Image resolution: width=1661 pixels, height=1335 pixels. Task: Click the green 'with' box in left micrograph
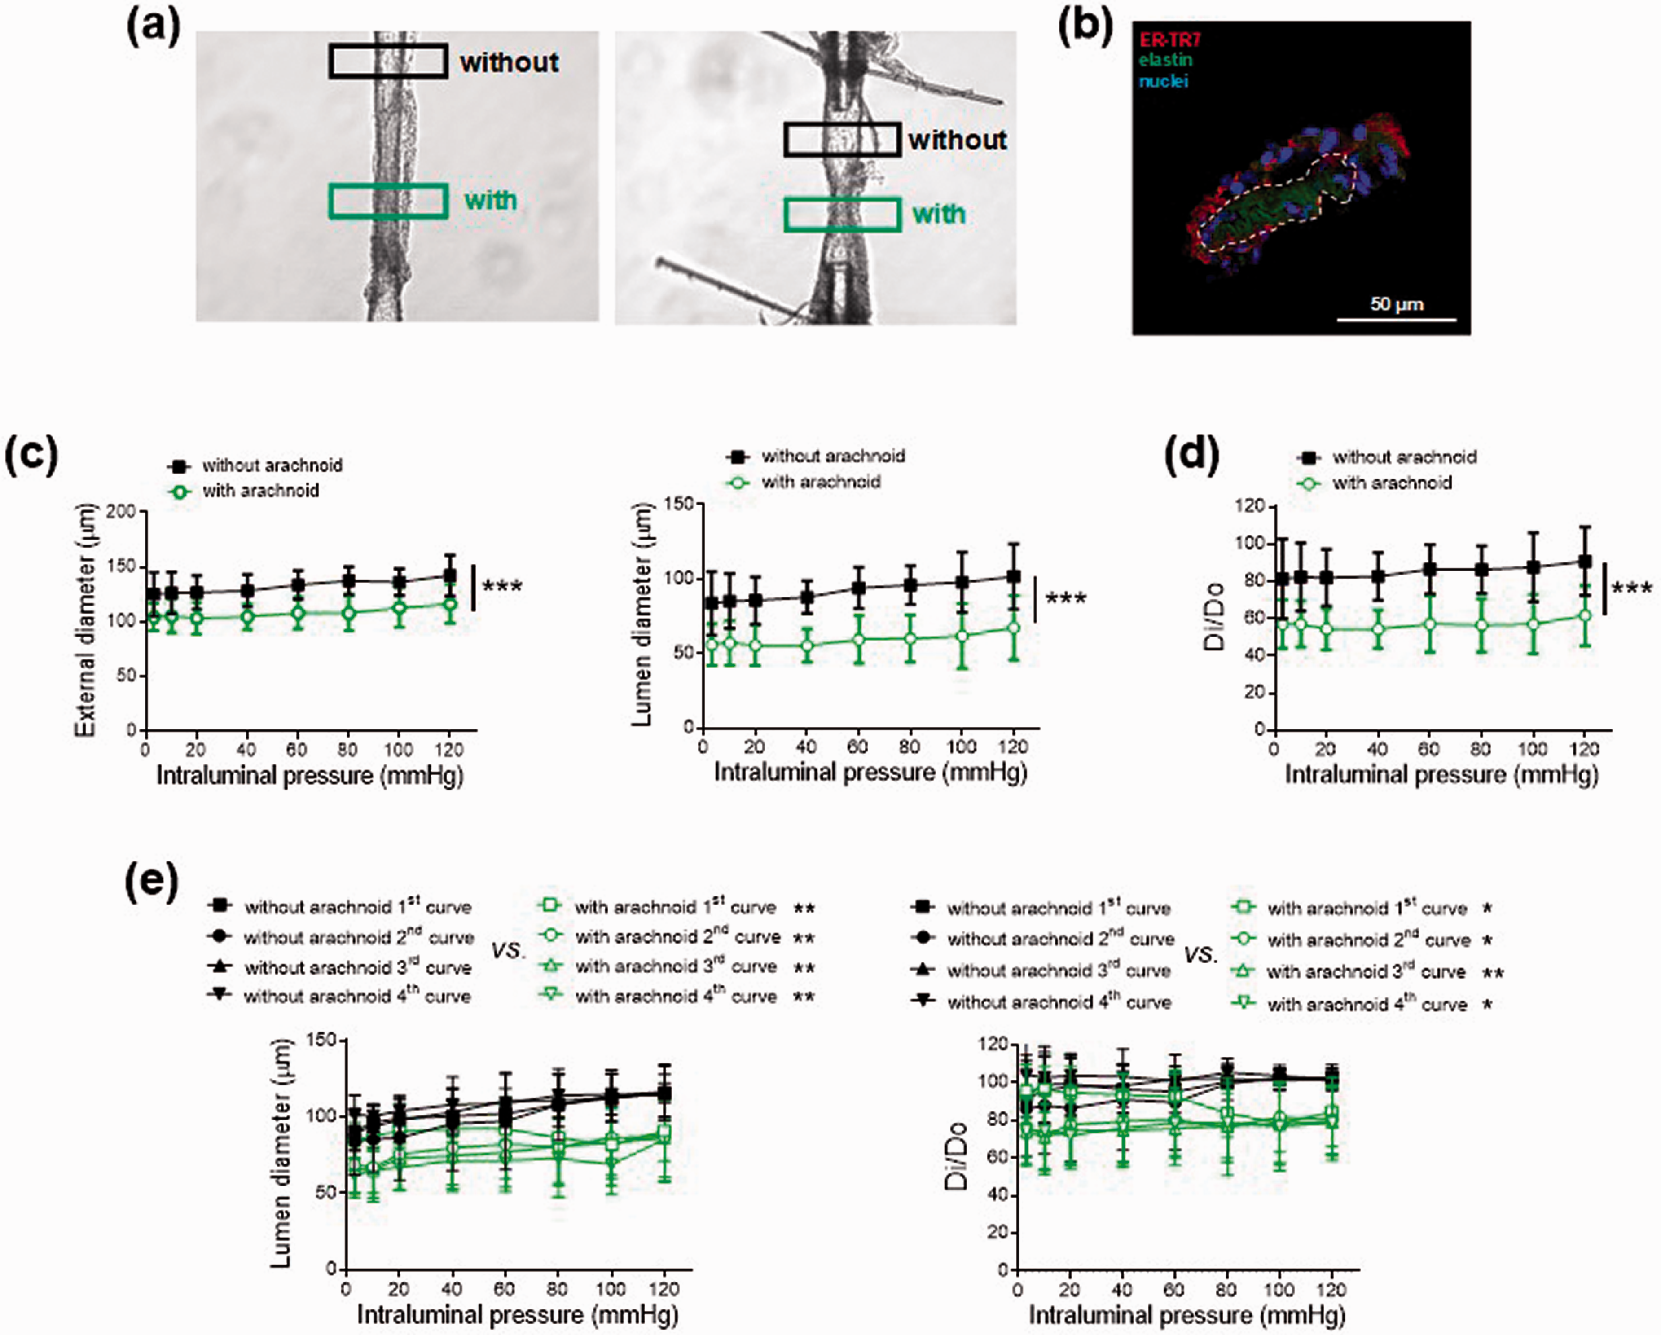point(388,201)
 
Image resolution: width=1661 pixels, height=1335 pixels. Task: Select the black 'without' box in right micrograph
point(842,140)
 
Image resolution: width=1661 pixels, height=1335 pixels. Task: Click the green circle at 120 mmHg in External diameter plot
point(450,605)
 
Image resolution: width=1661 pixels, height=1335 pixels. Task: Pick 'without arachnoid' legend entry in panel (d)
point(1387,457)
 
